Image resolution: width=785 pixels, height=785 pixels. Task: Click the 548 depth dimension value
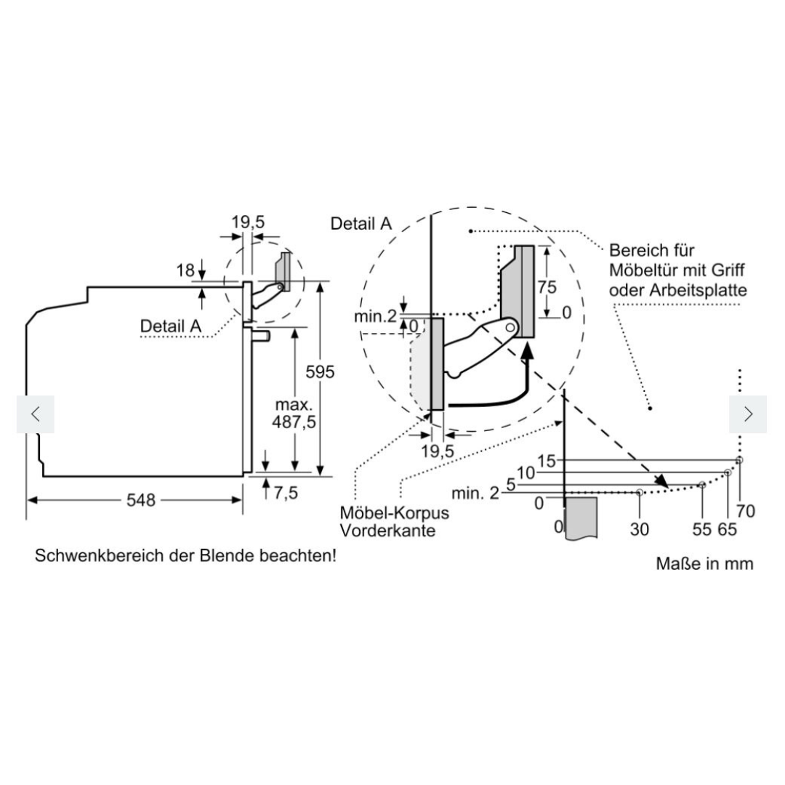[x=141, y=499]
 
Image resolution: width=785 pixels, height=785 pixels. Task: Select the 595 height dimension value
[x=320, y=372]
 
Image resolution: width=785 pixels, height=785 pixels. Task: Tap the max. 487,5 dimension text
[x=294, y=413]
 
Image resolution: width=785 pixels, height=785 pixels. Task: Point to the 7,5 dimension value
[x=286, y=493]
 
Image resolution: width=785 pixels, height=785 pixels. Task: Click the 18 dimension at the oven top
[x=185, y=270]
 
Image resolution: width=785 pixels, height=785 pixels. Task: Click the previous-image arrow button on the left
[x=36, y=414]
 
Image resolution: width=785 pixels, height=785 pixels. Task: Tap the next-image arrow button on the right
[x=748, y=414]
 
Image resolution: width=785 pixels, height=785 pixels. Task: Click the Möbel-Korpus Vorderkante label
[x=395, y=521]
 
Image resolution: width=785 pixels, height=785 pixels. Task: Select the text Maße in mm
[x=704, y=564]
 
